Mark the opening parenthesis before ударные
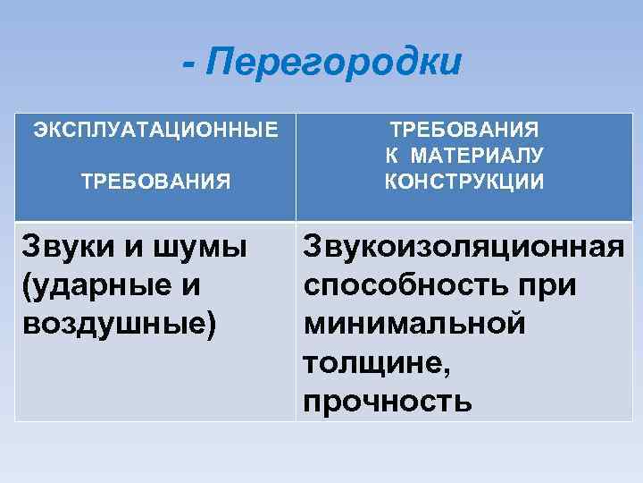coord(23,286)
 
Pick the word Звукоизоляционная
coord(463,247)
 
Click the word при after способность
coord(547,286)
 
